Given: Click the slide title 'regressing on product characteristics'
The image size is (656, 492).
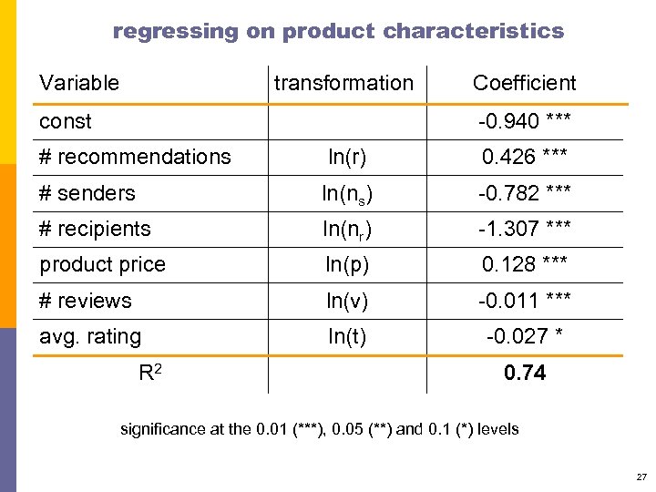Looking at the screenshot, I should point(338,31).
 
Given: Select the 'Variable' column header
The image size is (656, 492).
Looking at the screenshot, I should point(79,83).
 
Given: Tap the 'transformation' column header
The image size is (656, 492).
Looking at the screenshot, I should point(343,83).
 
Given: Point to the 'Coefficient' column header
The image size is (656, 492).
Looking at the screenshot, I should point(524,83).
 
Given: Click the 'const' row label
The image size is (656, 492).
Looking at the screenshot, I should point(66,121).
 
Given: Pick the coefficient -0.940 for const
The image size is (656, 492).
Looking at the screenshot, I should point(524,121).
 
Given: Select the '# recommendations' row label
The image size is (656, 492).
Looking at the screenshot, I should point(135,157).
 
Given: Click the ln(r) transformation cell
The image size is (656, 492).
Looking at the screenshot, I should point(347,158).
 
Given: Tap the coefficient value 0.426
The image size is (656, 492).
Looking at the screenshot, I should point(524,158).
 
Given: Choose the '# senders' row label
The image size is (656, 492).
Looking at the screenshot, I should point(87,193).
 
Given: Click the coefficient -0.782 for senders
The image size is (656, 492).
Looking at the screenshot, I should point(524,193).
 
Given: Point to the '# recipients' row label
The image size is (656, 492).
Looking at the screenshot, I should point(95,229).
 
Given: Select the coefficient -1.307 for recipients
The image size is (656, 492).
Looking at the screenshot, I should point(524,229).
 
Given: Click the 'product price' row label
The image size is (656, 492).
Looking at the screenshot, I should point(102,265).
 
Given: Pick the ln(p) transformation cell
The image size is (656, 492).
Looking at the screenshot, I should point(347,265).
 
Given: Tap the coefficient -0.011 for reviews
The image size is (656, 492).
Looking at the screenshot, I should point(524,301).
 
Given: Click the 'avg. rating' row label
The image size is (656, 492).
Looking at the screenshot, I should point(90,337).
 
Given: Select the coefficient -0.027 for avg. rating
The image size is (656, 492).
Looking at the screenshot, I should point(524,337).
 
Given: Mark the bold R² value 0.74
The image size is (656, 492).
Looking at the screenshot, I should point(524,372).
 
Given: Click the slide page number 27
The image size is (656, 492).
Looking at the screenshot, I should point(641,477).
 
